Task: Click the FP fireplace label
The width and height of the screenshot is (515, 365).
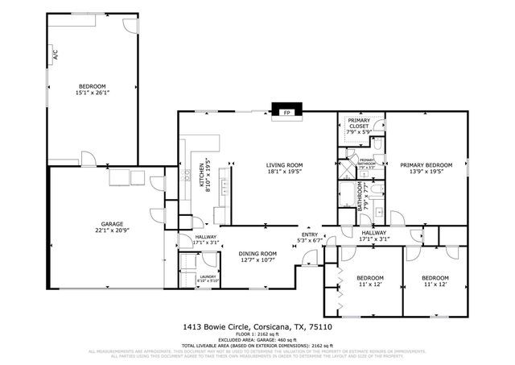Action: coord(286,114)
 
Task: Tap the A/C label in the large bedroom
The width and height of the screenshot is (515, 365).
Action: coord(56,56)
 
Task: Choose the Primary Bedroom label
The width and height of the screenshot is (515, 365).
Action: coord(426,165)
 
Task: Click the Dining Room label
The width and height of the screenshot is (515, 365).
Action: coord(257,254)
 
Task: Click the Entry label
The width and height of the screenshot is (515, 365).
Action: coord(310,234)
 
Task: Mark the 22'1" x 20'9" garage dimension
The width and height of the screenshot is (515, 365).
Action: coord(111,230)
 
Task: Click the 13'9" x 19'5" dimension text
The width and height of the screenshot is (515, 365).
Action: coord(426,172)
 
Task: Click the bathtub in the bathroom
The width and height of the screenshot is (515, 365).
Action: coord(346,196)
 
